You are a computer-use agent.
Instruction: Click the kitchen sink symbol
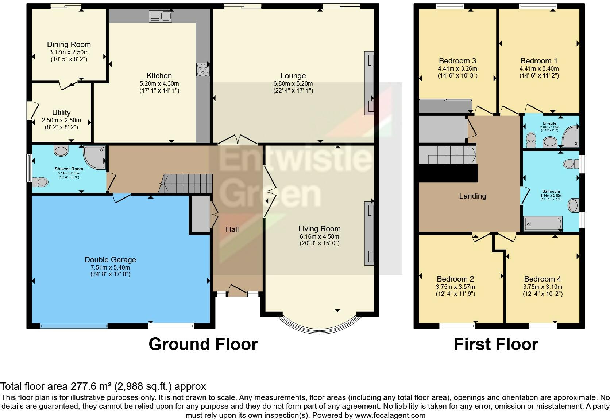tap(161, 16)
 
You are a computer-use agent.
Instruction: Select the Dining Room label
tap(69, 44)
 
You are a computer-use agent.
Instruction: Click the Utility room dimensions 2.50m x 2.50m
tap(61, 120)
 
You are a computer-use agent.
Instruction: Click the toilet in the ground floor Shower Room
tap(40, 181)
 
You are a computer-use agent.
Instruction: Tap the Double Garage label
tap(110, 260)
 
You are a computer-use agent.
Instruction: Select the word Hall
tap(232, 229)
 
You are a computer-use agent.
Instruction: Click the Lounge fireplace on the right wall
tap(369, 83)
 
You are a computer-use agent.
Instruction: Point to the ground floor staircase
tap(188, 183)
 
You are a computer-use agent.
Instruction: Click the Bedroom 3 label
tap(457, 61)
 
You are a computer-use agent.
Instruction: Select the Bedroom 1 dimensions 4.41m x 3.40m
tap(539, 68)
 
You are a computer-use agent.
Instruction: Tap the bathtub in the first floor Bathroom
tap(543, 224)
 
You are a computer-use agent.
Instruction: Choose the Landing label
tap(472, 196)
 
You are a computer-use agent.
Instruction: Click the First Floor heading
tap(496, 344)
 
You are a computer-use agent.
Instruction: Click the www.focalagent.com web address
tap(390, 415)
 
